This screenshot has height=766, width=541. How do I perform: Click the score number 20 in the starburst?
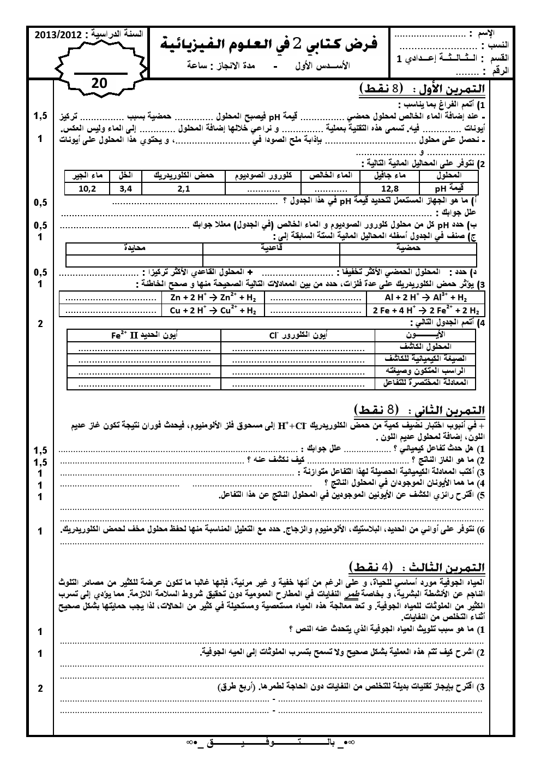click(x=100, y=83)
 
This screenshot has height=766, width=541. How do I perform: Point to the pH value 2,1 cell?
click(x=183, y=189)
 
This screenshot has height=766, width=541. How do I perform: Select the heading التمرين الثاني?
click(x=420, y=409)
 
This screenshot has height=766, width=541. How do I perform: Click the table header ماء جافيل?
click(x=390, y=176)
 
